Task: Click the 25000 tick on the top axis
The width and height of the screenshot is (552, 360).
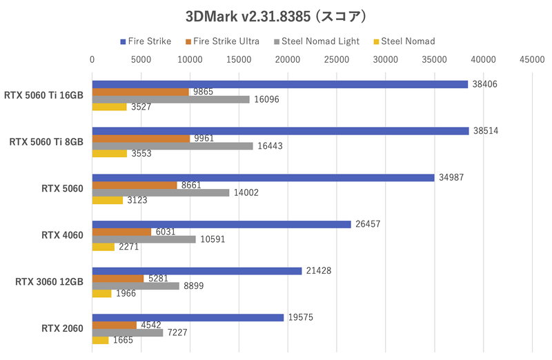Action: click(336, 61)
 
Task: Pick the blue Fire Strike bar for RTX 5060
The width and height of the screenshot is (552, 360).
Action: click(264, 177)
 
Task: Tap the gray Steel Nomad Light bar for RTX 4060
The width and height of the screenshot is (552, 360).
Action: click(144, 239)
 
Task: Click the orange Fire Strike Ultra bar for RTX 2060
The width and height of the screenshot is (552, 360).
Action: click(115, 325)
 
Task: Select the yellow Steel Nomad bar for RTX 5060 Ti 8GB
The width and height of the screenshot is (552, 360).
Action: click(110, 154)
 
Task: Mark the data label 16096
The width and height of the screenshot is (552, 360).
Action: click(267, 99)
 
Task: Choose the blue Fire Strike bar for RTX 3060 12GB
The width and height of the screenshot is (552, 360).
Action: click(197, 271)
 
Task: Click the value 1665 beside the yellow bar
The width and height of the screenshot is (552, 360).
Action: click(122, 341)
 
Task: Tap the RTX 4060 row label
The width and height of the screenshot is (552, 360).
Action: click(62, 235)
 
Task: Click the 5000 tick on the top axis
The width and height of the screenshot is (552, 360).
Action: click(141, 61)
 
